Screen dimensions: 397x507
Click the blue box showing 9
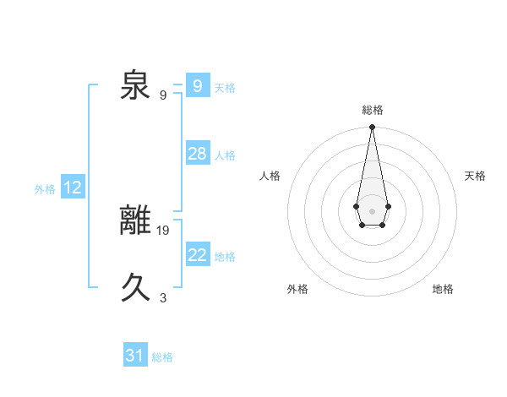click(x=197, y=85)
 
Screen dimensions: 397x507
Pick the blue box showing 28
click(x=197, y=153)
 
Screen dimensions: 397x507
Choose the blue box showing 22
click(x=197, y=254)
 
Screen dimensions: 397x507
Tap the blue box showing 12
click(x=72, y=188)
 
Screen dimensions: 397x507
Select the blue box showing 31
click(x=134, y=356)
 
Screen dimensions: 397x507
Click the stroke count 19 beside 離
click(x=163, y=230)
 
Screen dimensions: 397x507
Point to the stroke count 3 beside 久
click(x=163, y=297)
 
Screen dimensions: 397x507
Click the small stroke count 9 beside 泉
click(x=163, y=95)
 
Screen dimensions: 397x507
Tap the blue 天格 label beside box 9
click(x=225, y=87)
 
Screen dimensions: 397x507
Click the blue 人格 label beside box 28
click(x=225, y=155)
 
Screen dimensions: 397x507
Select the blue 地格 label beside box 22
click(x=225, y=256)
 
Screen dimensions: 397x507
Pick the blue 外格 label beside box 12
click(x=45, y=189)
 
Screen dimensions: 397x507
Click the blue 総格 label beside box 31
click(x=162, y=357)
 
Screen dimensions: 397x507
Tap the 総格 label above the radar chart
click(x=372, y=110)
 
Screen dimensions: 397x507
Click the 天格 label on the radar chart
click(x=475, y=176)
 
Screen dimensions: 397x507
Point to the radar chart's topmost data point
click(x=372, y=128)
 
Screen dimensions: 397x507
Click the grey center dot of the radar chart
click(x=372, y=210)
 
